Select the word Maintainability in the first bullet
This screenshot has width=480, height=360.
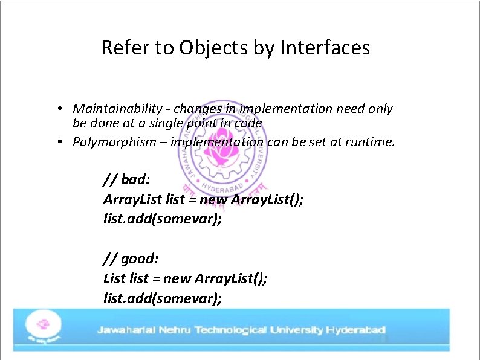121,109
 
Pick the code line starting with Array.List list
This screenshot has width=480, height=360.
203,199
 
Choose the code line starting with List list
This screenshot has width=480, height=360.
185,278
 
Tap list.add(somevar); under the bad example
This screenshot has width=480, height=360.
163,219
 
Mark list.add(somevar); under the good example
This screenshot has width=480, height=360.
163,298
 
